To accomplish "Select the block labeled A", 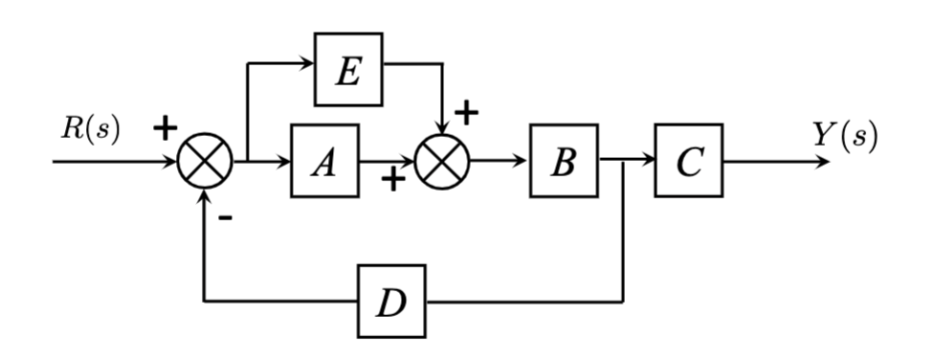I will coord(324,161).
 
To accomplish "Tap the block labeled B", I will coord(564,161).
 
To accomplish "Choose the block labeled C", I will coord(688,161).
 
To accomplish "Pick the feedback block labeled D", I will coord(391,302).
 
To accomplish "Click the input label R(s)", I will coord(91,130).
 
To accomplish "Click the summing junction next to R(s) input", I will coord(206,161).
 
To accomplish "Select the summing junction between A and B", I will coord(442,161).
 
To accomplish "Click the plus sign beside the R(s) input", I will coord(166,127).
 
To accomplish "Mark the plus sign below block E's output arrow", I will coord(466,113).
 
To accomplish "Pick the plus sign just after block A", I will coord(391,179).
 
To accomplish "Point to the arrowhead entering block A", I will coord(284,161).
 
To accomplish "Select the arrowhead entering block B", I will coord(523,161).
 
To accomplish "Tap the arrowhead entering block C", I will coord(648,161).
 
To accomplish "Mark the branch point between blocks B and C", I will coord(624,161).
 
